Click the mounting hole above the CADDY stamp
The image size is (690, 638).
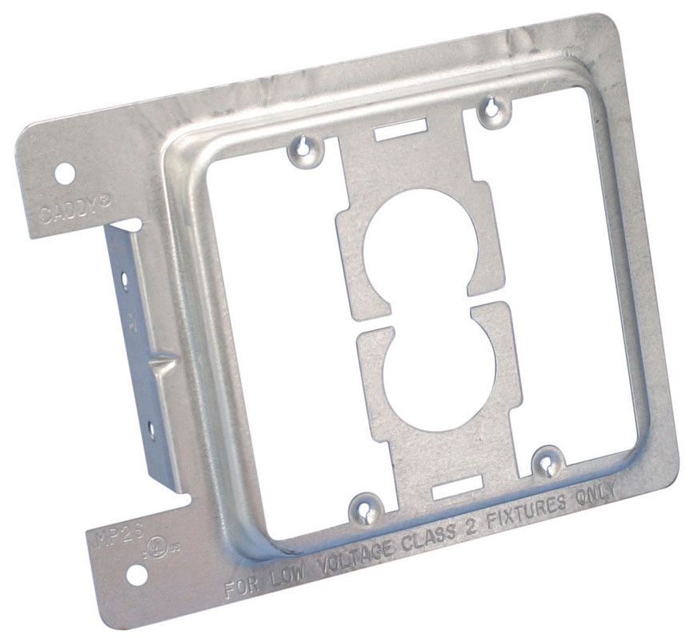(x=66, y=172)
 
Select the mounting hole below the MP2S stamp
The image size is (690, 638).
(x=135, y=572)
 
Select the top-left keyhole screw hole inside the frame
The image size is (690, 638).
(x=306, y=146)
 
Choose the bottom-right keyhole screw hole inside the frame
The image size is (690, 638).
(x=548, y=461)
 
